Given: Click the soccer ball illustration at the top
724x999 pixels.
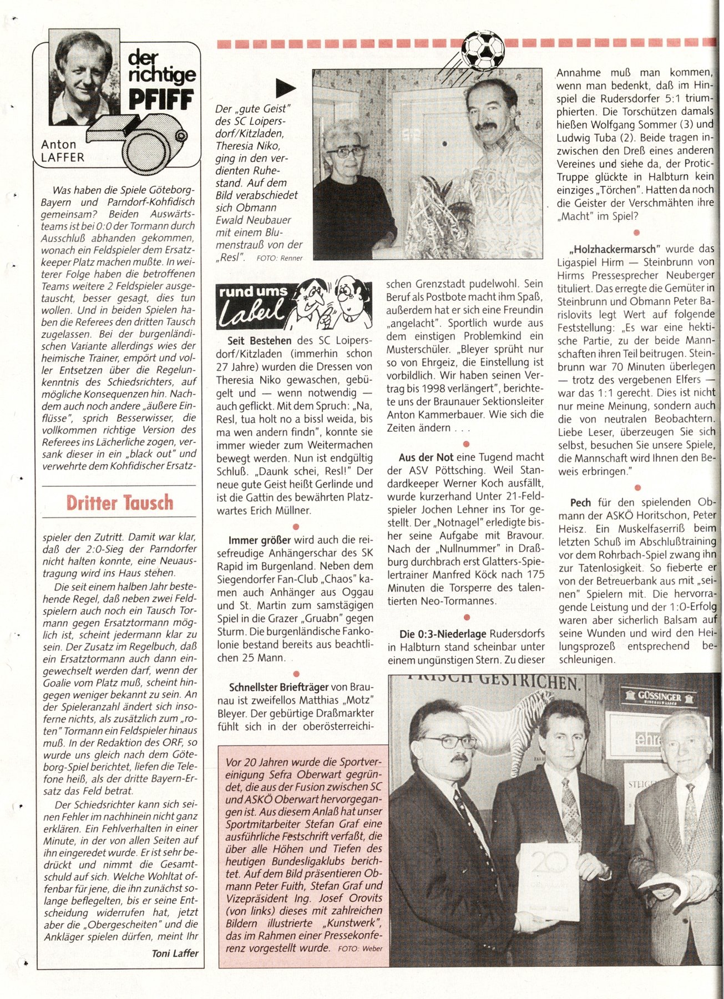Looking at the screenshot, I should [x=483, y=49].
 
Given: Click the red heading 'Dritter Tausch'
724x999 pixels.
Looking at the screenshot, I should [x=119, y=502].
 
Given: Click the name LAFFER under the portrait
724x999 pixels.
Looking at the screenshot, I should [x=63, y=158].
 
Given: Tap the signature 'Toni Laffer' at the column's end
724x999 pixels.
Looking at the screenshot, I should [x=175, y=953].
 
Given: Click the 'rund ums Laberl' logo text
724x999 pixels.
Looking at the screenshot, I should [x=252, y=305].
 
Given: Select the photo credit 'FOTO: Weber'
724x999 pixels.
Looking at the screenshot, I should [x=360, y=948].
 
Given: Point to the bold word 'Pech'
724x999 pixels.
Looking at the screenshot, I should [x=580, y=502].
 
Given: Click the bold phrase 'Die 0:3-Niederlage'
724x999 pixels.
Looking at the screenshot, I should [x=443, y=634].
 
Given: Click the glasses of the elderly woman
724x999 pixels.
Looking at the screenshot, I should [x=346, y=151].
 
